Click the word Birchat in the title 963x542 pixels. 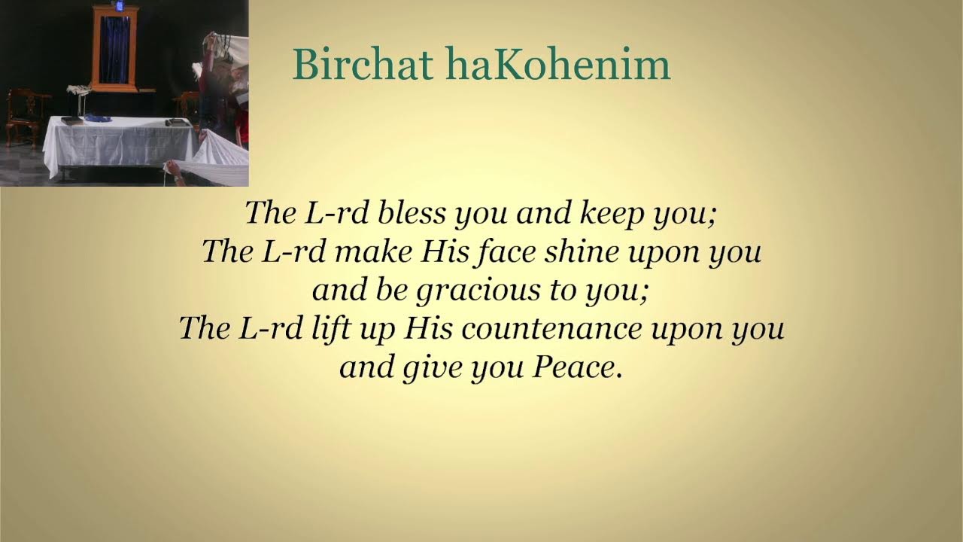[x=363, y=65]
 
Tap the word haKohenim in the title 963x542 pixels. [x=557, y=65]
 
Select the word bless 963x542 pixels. [x=413, y=213]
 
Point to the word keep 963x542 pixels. [x=612, y=215]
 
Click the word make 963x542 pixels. [x=372, y=252]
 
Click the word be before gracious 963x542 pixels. [x=390, y=291]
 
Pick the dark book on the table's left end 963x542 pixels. [x=71, y=120]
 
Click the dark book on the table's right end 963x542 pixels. [x=176, y=122]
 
